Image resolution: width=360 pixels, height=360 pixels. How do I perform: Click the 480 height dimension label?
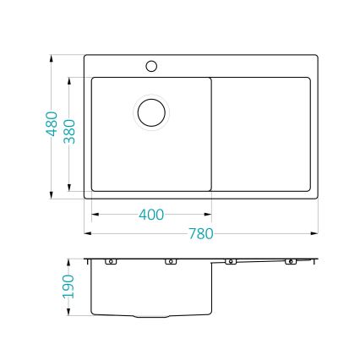pyautogui.click(x=52, y=127)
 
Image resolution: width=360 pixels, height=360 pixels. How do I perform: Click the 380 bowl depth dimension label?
pyautogui.click(x=70, y=128)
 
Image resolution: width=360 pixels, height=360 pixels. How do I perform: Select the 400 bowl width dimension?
pyautogui.click(x=150, y=215)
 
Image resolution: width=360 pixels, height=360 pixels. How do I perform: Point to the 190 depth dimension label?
pyautogui.click(x=69, y=286)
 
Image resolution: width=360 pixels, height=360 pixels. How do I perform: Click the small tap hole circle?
pyautogui.click(x=152, y=65)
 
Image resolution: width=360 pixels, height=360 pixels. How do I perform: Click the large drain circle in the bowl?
pyautogui.click(x=152, y=111)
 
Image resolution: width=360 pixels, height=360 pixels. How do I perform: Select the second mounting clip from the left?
pyautogui.click(x=170, y=261)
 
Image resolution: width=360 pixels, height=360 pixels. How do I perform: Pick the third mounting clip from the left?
pyautogui.click(x=230, y=261)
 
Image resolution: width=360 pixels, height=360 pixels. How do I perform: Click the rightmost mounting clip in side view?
pyautogui.click(x=290, y=261)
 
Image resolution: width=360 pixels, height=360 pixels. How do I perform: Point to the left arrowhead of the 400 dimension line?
pyautogui.click(x=94, y=215)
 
